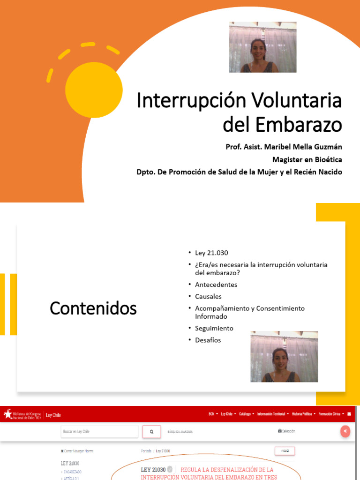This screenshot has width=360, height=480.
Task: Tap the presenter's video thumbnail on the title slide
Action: pyautogui.click(x=262, y=47)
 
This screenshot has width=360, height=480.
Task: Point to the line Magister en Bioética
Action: pyautogui.click(x=307, y=159)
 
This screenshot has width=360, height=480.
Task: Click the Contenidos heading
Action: pyautogui.click(x=93, y=308)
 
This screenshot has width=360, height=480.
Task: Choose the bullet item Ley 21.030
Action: pyautogui.click(x=211, y=253)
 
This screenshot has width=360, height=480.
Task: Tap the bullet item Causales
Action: pyautogui.click(x=208, y=296)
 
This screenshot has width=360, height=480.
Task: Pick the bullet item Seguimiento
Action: pyautogui.click(x=214, y=328)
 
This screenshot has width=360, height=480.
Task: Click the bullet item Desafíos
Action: pyautogui.click(x=208, y=340)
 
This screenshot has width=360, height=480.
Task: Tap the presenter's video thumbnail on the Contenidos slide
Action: pyautogui.click(x=284, y=356)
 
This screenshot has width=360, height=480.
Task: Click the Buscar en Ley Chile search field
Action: pyautogui.click(x=99, y=431)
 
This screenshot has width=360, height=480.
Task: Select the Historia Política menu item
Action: pyautogui.click(x=303, y=414)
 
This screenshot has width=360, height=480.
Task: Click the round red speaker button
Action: pyautogui.click(x=345, y=431)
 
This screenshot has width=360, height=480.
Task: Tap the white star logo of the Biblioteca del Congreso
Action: pyautogui.click(x=8, y=414)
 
